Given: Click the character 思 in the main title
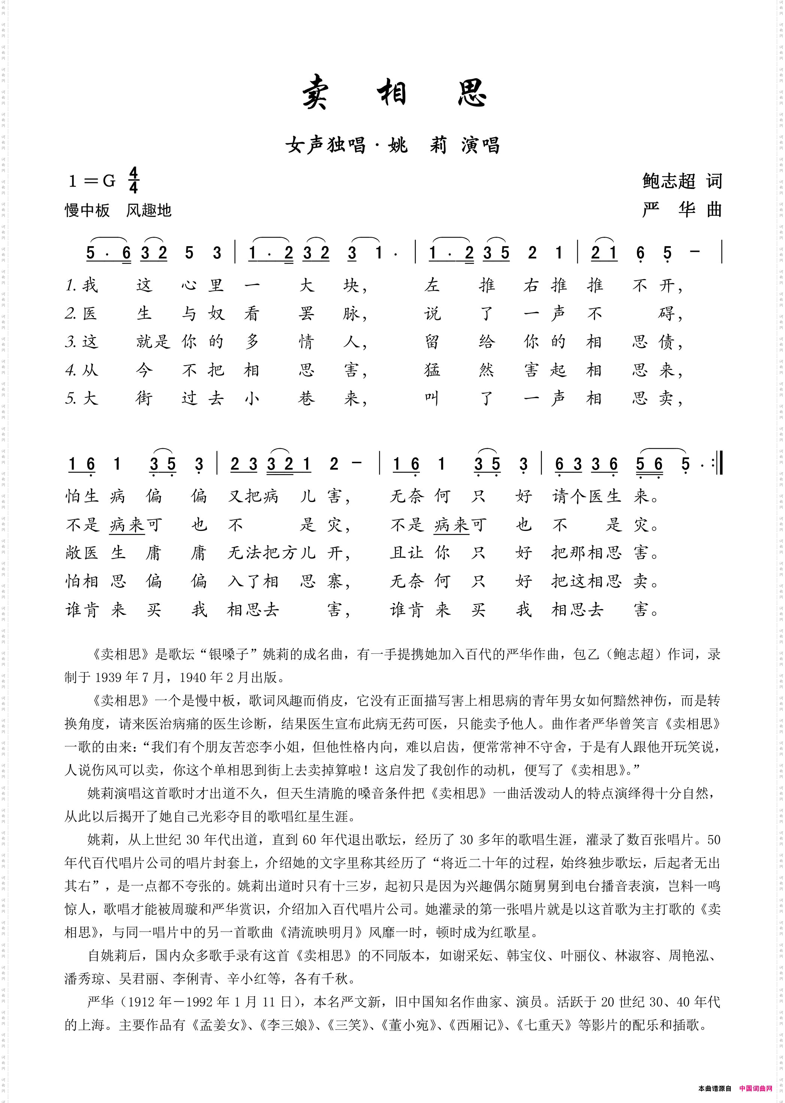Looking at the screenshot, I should (471, 92).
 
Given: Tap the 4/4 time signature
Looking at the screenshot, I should (134, 180).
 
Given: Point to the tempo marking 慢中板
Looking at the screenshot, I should (88, 210).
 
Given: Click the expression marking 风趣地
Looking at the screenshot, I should (149, 210).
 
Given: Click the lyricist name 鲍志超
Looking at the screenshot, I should (669, 181).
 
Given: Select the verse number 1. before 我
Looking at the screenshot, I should (71, 285).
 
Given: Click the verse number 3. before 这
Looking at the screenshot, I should (71, 342).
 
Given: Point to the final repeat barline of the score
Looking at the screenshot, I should (718, 465).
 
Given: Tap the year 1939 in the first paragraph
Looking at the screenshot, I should (108, 677).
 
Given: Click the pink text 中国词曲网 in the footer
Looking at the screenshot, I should (755, 1088).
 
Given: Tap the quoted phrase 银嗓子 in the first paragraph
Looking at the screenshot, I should (235, 654).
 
